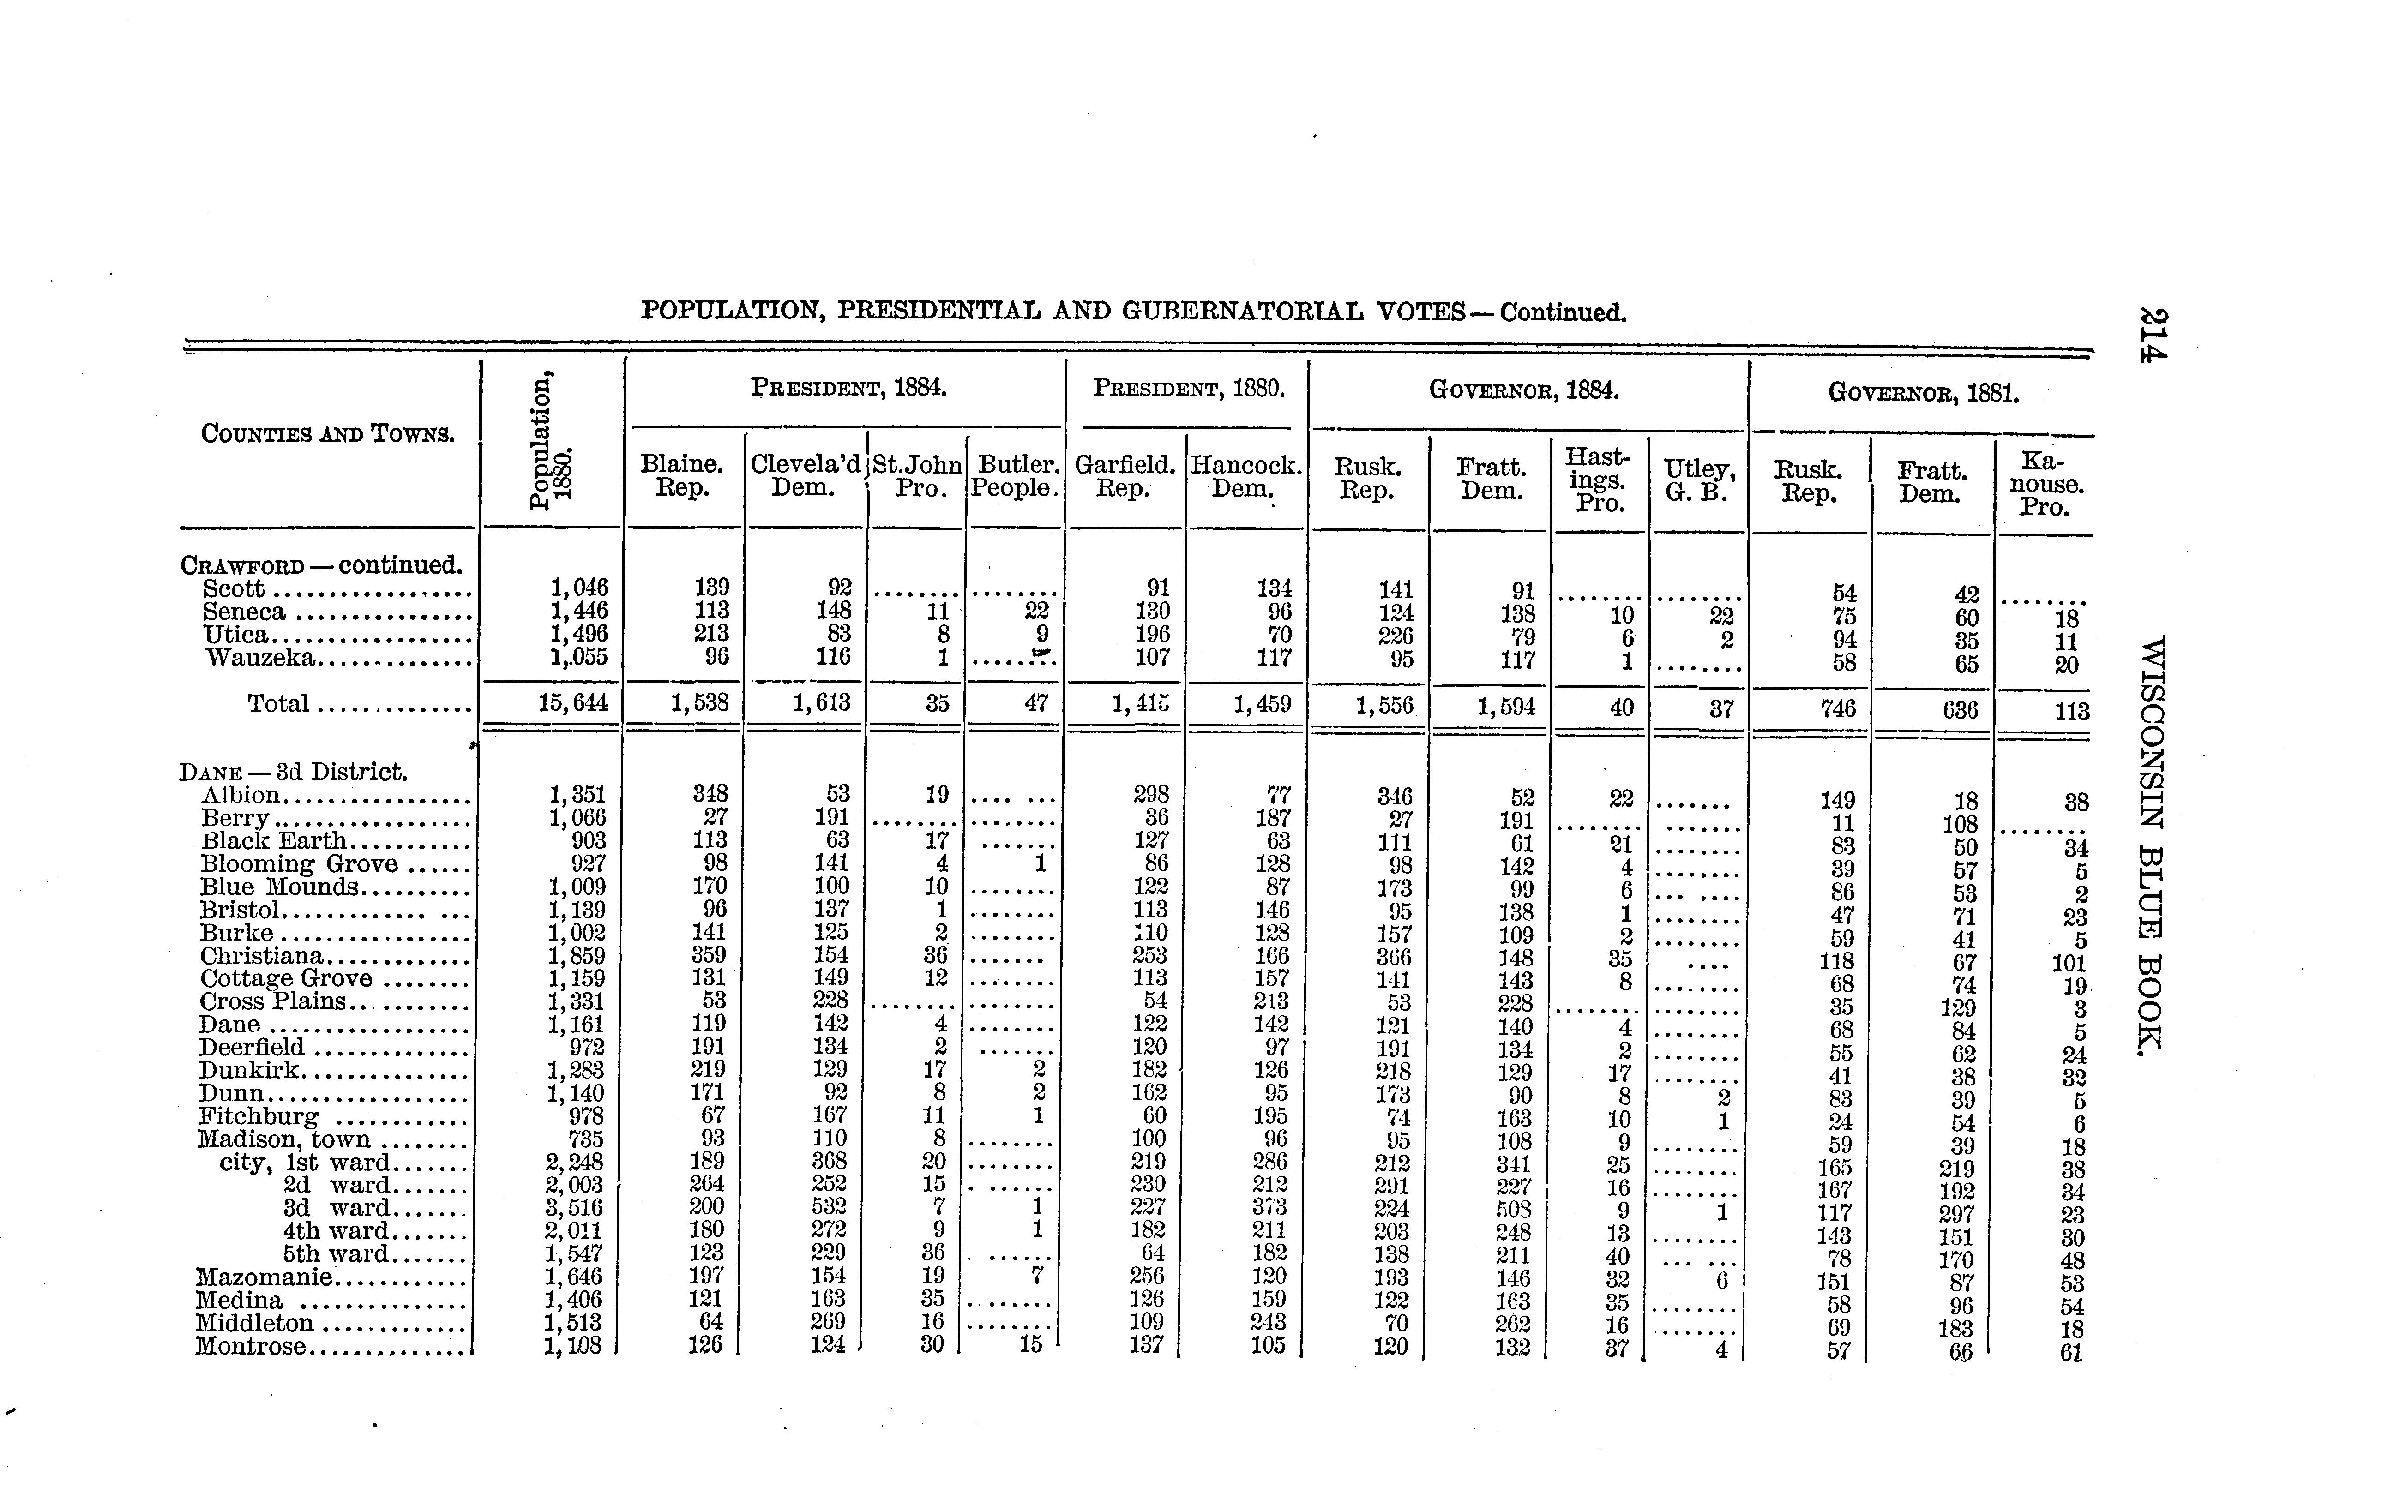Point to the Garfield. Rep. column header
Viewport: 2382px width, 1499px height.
point(1125,476)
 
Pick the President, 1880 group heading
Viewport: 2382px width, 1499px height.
point(1188,389)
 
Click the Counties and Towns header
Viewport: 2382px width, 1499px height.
point(327,433)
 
